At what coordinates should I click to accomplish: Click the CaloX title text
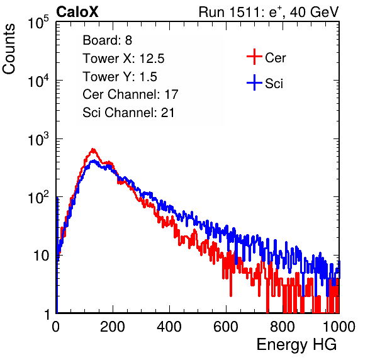[x=77, y=12]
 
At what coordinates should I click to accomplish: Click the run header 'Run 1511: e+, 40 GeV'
[x=269, y=12]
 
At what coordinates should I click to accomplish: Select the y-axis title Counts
[x=9, y=49]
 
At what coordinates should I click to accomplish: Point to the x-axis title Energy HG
[x=296, y=344]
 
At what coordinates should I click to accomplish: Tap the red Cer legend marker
[x=254, y=57]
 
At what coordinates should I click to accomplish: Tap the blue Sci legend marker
[x=254, y=83]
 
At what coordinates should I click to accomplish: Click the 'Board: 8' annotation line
[x=108, y=40]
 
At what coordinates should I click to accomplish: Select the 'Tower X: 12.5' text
[x=123, y=59]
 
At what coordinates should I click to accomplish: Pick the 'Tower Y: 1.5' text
[x=120, y=77]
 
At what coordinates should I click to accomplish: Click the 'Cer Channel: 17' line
[x=131, y=94]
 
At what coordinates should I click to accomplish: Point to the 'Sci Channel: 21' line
[x=128, y=113]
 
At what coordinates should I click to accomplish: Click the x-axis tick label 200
[x=113, y=326]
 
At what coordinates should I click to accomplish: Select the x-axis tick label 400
[x=169, y=326]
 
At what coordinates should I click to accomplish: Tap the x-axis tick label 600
[x=226, y=326]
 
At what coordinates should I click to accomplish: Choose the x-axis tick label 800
[x=283, y=326]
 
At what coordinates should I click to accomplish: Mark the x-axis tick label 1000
[x=339, y=326]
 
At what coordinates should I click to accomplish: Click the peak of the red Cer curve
[x=93, y=150]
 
